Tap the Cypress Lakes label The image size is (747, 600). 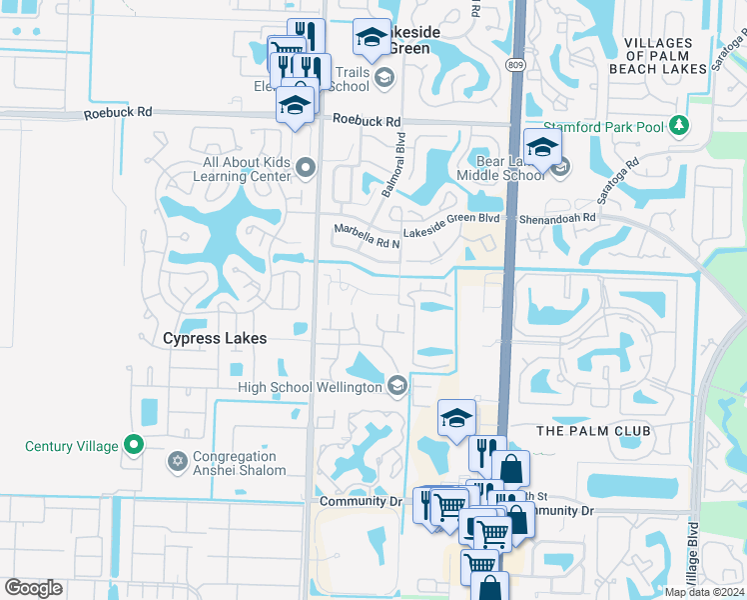point(215,339)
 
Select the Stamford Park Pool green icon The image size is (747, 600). point(680,125)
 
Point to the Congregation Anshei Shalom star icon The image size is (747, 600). point(179,461)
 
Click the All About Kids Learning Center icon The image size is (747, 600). point(306,168)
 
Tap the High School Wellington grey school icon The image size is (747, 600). point(397,387)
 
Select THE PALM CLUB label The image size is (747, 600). point(593,431)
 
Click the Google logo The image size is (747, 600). point(33,588)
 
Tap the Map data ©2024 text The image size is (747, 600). point(704,592)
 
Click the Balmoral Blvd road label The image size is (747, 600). point(392,166)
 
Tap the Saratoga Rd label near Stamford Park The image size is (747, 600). point(619,176)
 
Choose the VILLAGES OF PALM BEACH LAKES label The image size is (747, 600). point(658,56)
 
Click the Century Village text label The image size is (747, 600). point(72,447)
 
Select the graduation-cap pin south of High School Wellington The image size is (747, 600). point(456,417)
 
